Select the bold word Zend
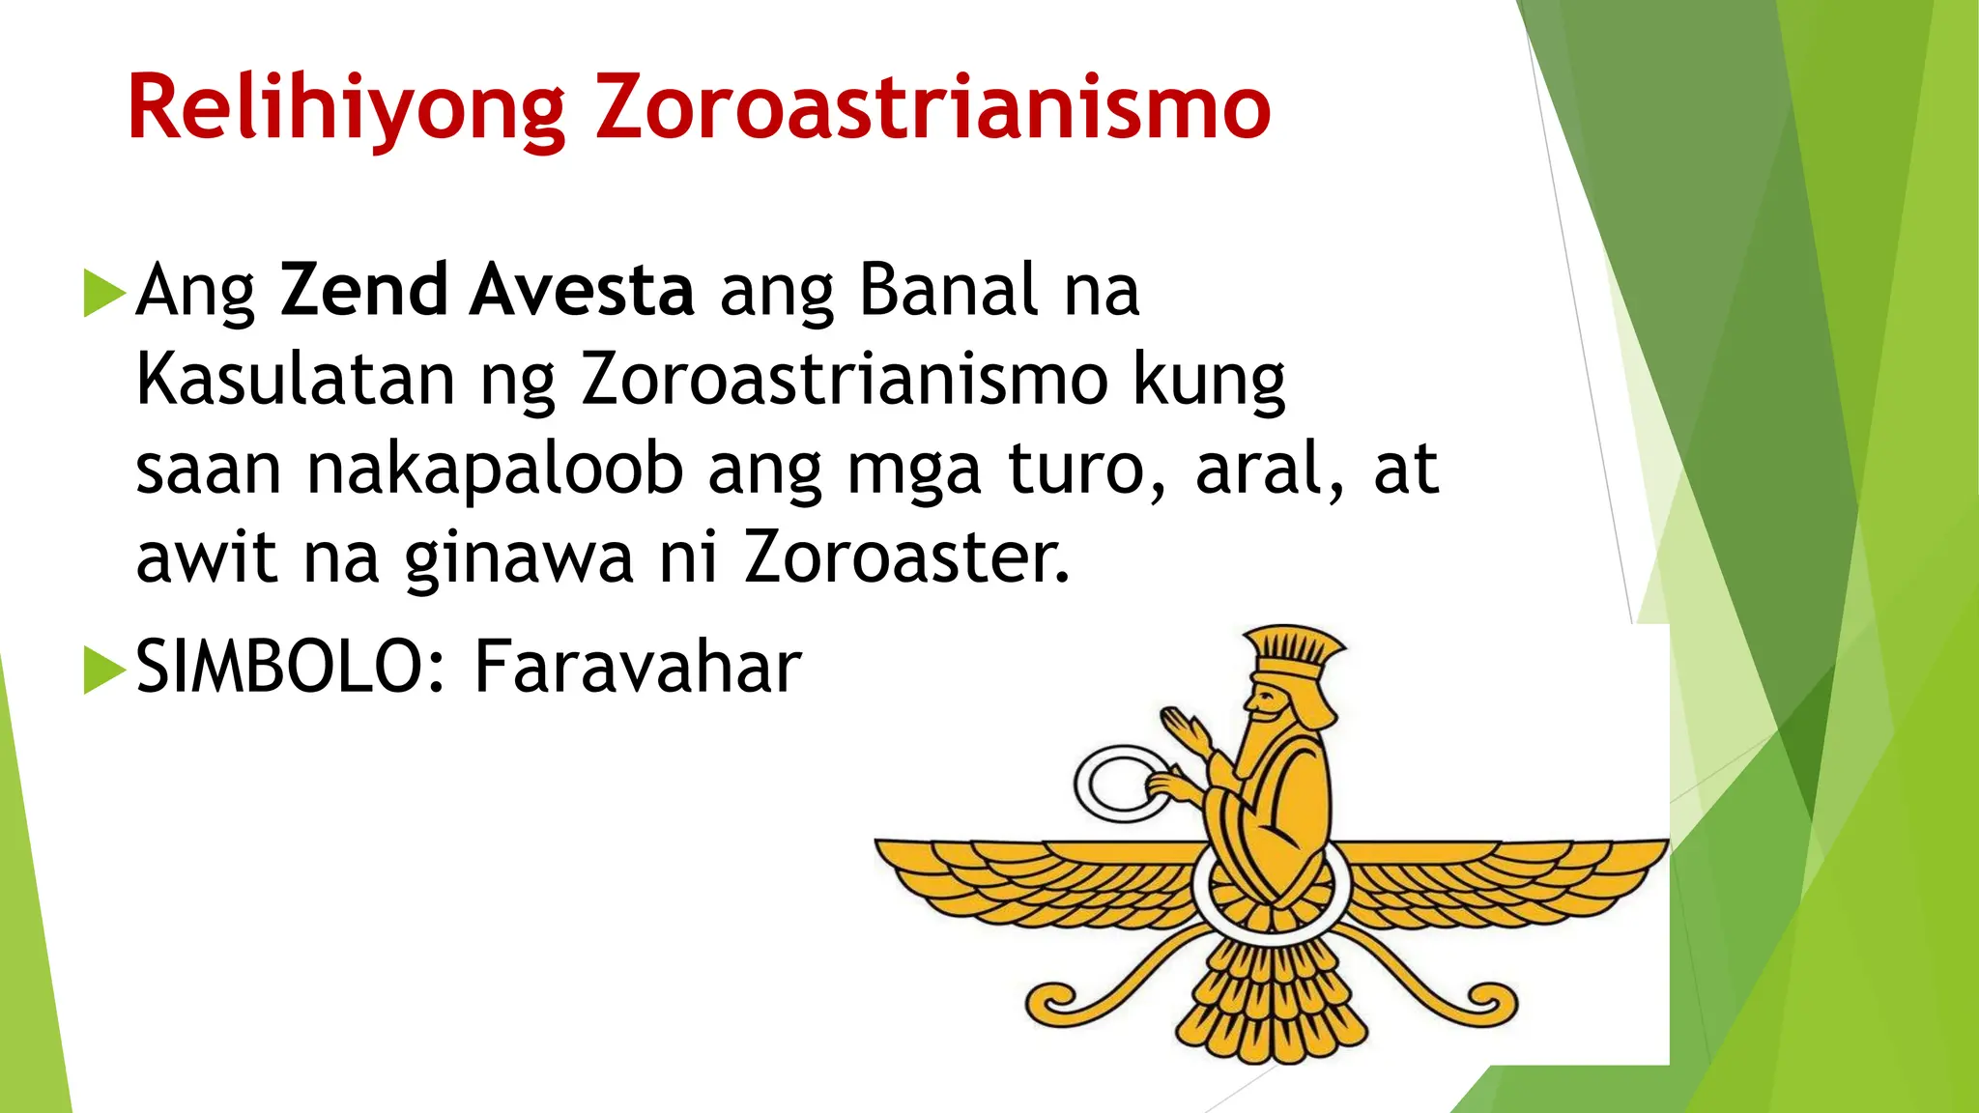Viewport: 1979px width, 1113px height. pos(363,289)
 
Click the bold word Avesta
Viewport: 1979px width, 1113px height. pos(582,289)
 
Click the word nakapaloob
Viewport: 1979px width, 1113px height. pos(495,470)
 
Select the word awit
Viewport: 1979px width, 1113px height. pos(206,558)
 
